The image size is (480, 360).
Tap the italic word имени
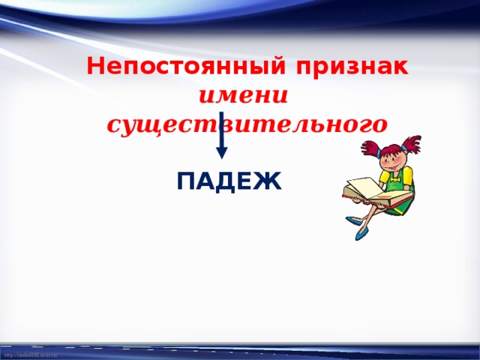click(x=244, y=96)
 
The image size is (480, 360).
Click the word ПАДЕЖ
click(x=229, y=182)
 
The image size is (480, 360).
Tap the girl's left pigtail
click(x=368, y=147)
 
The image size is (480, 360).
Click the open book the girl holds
click(x=375, y=193)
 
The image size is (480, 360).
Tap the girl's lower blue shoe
click(x=361, y=233)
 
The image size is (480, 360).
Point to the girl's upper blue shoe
click(x=355, y=220)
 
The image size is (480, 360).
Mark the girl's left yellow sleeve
click(x=383, y=177)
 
